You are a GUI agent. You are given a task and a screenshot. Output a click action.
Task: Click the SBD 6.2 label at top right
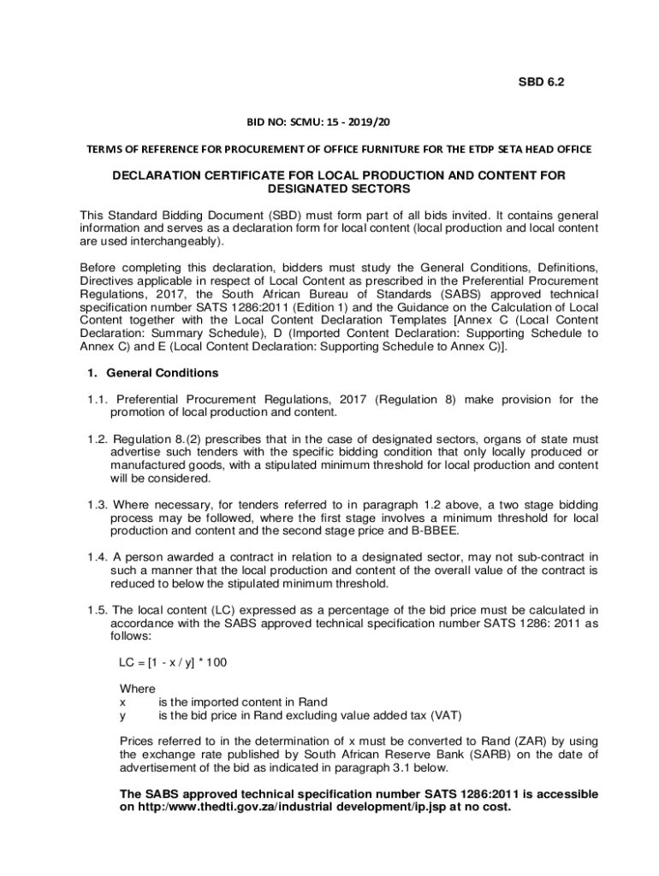click(x=542, y=82)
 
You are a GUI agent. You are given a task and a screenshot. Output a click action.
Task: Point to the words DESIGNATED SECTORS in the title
click(x=339, y=188)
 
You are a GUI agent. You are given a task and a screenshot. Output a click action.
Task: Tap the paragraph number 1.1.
click(x=98, y=400)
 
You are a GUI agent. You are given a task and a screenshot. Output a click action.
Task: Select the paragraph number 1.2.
click(x=98, y=439)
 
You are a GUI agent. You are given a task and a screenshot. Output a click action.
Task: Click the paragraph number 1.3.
click(x=98, y=505)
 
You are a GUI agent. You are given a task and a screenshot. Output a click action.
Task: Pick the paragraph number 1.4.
click(x=98, y=558)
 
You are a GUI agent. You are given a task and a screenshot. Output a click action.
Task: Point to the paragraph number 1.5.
click(x=98, y=610)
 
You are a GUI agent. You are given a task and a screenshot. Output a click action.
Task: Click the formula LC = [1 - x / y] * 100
click(x=173, y=663)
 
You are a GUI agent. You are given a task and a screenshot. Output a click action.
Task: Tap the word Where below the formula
click(x=137, y=690)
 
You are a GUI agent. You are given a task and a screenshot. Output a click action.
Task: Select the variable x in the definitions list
click(x=122, y=702)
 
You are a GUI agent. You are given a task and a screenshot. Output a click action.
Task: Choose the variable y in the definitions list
click(x=122, y=715)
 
